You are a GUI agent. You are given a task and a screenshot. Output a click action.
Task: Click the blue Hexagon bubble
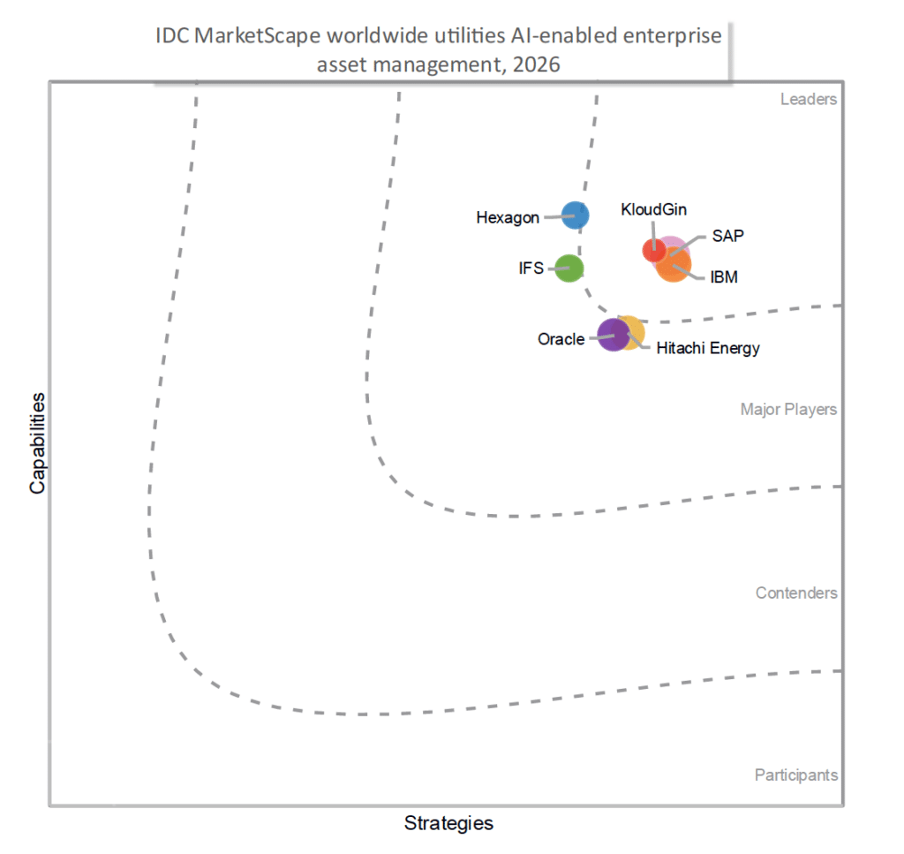point(576,215)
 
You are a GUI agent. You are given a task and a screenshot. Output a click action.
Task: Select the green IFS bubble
point(569,267)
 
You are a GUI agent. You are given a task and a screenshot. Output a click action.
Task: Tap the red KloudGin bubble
point(653,250)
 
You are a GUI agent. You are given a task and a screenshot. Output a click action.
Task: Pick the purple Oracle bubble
point(611,335)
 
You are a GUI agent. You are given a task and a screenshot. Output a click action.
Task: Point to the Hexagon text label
point(508,217)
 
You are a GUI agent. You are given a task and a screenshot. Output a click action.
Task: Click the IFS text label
point(532,267)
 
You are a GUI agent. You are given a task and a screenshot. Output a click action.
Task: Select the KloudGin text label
point(654,210)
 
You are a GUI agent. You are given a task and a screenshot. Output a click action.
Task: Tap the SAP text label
point(727,237)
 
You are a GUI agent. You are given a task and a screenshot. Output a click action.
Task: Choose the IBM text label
point(724,277)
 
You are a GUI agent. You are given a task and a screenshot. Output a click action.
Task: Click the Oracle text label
point(561,338)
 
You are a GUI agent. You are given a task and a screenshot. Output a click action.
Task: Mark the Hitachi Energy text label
point(708,348)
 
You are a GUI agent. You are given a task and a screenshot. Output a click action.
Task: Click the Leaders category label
point(808,99)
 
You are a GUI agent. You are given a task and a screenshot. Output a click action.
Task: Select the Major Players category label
point(788,409)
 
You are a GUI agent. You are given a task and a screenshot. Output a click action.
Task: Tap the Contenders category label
point(796,593)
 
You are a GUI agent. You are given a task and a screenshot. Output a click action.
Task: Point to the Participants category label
point(795,775)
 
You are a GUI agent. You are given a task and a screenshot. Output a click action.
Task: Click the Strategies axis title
point(448,823)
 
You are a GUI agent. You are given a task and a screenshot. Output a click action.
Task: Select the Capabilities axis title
point(38,442)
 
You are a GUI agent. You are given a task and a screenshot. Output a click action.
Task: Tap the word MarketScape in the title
point(247,36)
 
